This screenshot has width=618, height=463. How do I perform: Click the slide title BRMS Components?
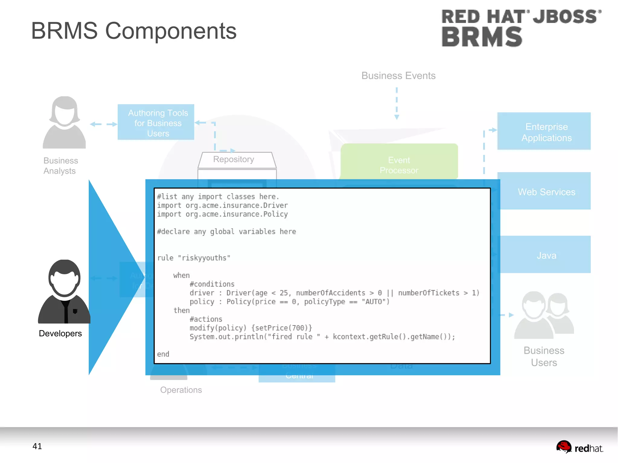tap(134, 31)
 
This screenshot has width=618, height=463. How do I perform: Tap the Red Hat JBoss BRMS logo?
tap(521, 28)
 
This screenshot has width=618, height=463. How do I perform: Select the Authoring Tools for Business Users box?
tap(156, 122)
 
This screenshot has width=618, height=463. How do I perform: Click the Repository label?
tap(234, 159)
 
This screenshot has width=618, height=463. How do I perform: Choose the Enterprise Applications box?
tap(544, 132)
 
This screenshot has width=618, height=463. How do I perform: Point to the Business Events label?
tap(398, 76)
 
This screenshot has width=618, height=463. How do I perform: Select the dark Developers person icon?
tap(64, 291)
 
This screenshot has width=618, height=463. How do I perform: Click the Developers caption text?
tap(60, 333)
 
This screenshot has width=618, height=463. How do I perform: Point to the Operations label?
tap(181, 390)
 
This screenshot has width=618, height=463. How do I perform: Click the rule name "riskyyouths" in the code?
tap(204, 258)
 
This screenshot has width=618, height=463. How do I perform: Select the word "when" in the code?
tap(181, 275)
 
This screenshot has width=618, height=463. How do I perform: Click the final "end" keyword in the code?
tap(163, 354)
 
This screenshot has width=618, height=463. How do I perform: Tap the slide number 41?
tap(37, 446)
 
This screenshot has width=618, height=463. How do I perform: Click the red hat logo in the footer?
tap(579, 447)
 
